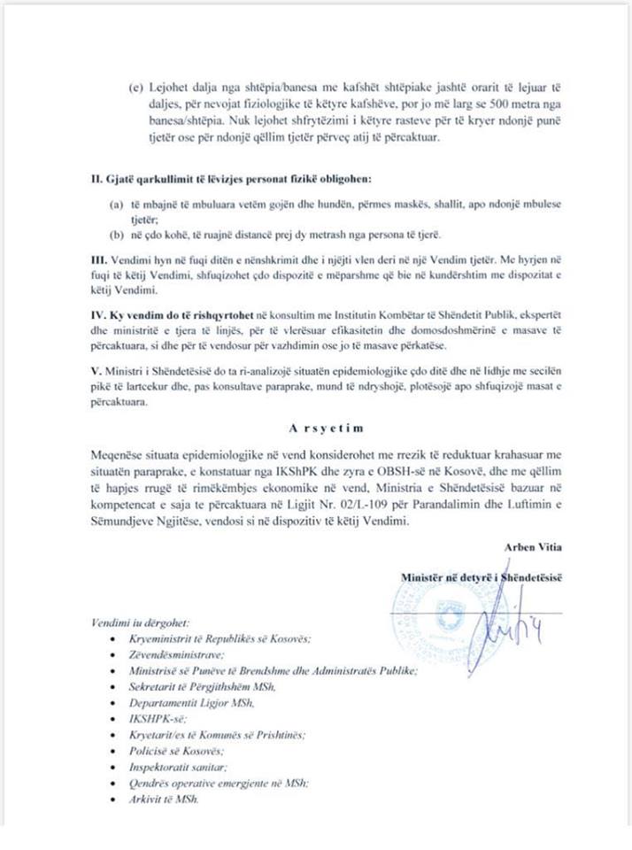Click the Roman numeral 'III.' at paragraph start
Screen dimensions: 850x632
click(98, 260)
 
